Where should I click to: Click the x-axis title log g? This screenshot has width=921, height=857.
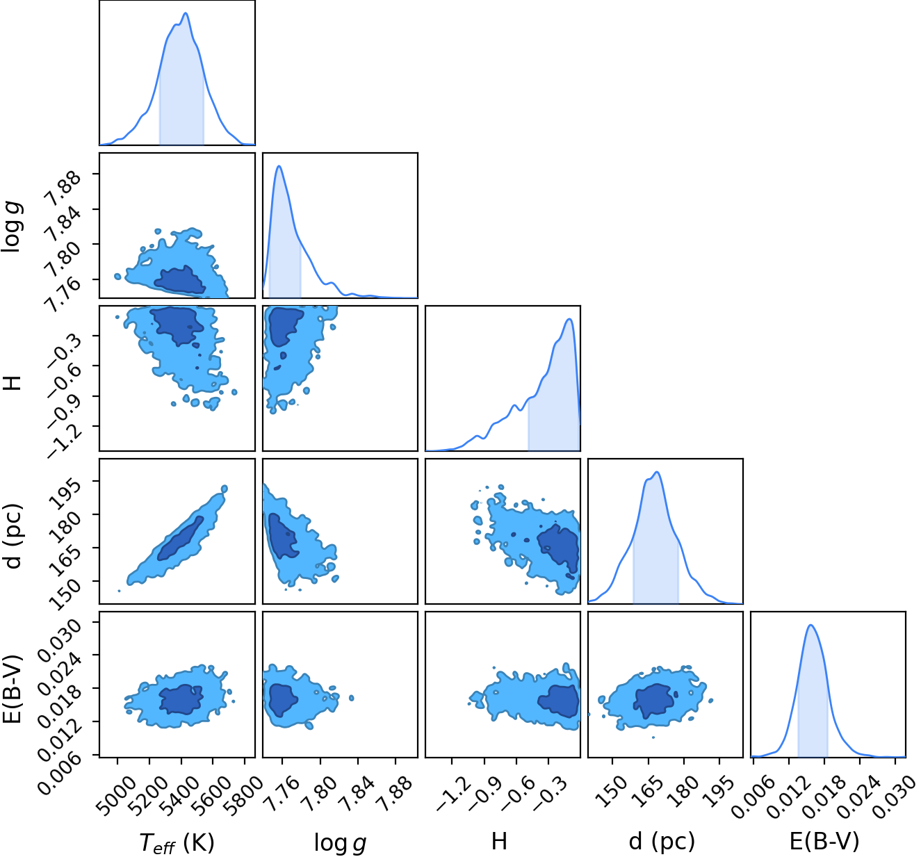[340, 842]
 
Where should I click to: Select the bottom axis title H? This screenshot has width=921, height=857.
[499, 840]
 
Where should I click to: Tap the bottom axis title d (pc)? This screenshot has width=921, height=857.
[662, 841]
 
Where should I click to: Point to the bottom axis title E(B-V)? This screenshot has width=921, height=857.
[824, 841]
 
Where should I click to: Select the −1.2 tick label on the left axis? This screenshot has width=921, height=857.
[65, 438]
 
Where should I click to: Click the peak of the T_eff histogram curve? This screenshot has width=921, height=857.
[186, 13]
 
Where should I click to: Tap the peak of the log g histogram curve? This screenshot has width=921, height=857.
[279, 166]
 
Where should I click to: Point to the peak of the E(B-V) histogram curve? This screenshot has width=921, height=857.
[810, 625]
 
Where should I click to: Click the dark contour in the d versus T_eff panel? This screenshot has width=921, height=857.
[181, 539]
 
